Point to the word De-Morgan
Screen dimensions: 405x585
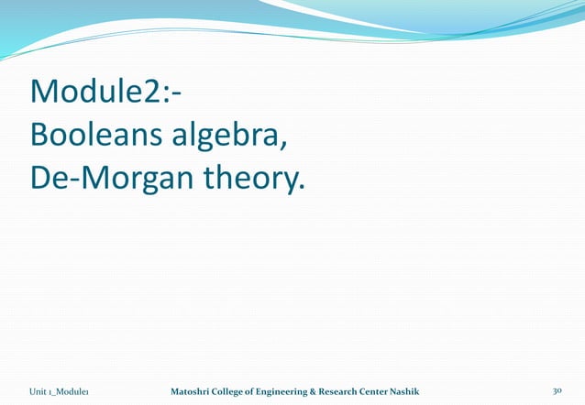(x=107, y=178)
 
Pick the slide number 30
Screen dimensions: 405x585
(x=557, y=391)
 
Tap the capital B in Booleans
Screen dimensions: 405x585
(x=39, y=136)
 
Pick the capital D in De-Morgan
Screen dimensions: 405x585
(x=40, y=178)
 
